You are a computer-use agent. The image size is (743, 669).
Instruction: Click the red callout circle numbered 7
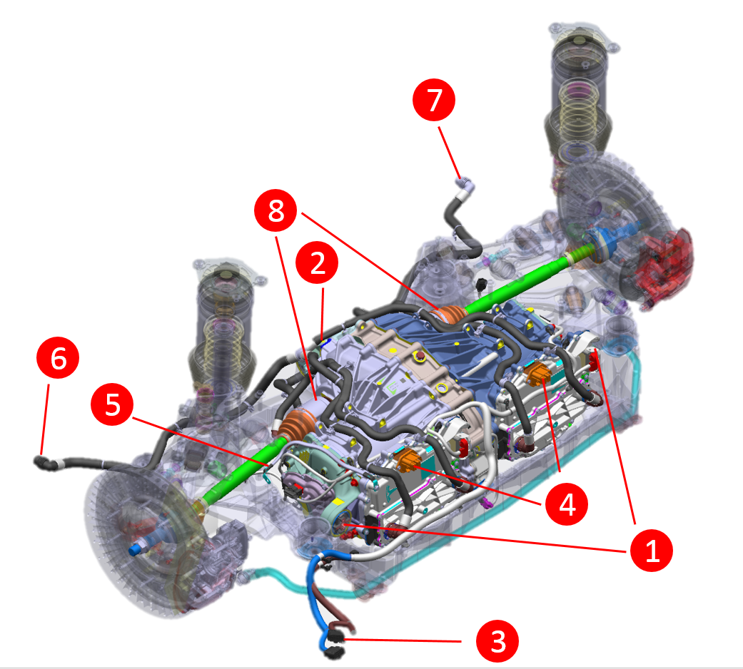(x=434, y=101)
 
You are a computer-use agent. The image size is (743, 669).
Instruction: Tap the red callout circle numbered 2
(x=318, y=262)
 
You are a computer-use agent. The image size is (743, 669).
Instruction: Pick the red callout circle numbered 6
(x=59, y=359)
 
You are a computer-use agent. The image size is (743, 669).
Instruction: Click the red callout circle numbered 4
(x=567, y=504)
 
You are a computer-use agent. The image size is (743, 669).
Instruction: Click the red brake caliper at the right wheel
(x=663, y=263)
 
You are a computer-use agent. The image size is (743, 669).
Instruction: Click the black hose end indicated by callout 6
(x=44, y=462)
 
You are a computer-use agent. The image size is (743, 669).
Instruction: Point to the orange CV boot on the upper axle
(x=449, y=315)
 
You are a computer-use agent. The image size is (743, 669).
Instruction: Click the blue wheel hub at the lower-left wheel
(x=137, y=549)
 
